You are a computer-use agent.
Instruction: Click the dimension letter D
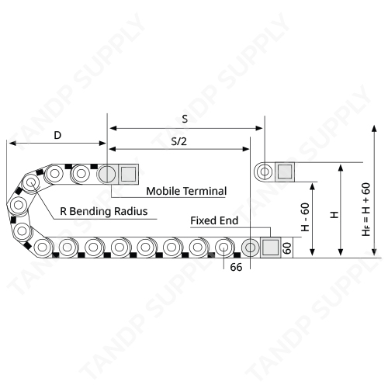57,135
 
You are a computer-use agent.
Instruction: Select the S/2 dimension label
178,141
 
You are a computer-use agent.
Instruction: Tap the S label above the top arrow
185,119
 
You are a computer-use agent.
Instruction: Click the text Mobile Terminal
186,191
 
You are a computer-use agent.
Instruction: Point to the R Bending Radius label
104,211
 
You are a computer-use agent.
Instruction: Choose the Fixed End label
214,220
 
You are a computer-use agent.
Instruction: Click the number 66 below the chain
236,267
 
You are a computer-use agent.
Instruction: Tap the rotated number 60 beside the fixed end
287,248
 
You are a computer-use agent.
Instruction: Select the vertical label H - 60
305,217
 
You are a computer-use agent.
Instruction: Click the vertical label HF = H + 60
366,210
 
